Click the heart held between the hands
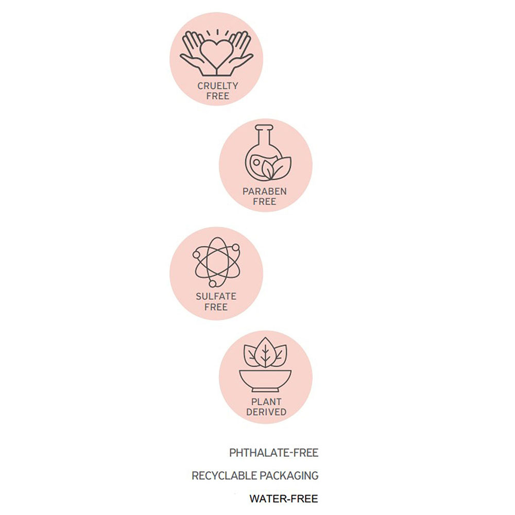(216, 53)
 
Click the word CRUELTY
(218, 85)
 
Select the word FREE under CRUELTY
(218, 96)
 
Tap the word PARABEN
(265, 191)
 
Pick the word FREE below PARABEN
(265, 202)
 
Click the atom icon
(216, 262)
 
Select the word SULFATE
(216, 296)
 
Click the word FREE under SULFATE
(216, 307)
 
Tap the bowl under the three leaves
(265, 381)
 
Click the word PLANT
(266, 402)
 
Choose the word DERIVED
(266, 412)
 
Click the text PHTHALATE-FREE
(274, 453)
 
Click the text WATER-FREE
(284, 499)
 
